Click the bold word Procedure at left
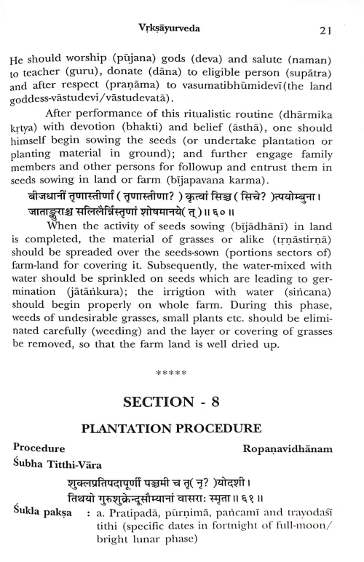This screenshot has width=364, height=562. tap(39, 449)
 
